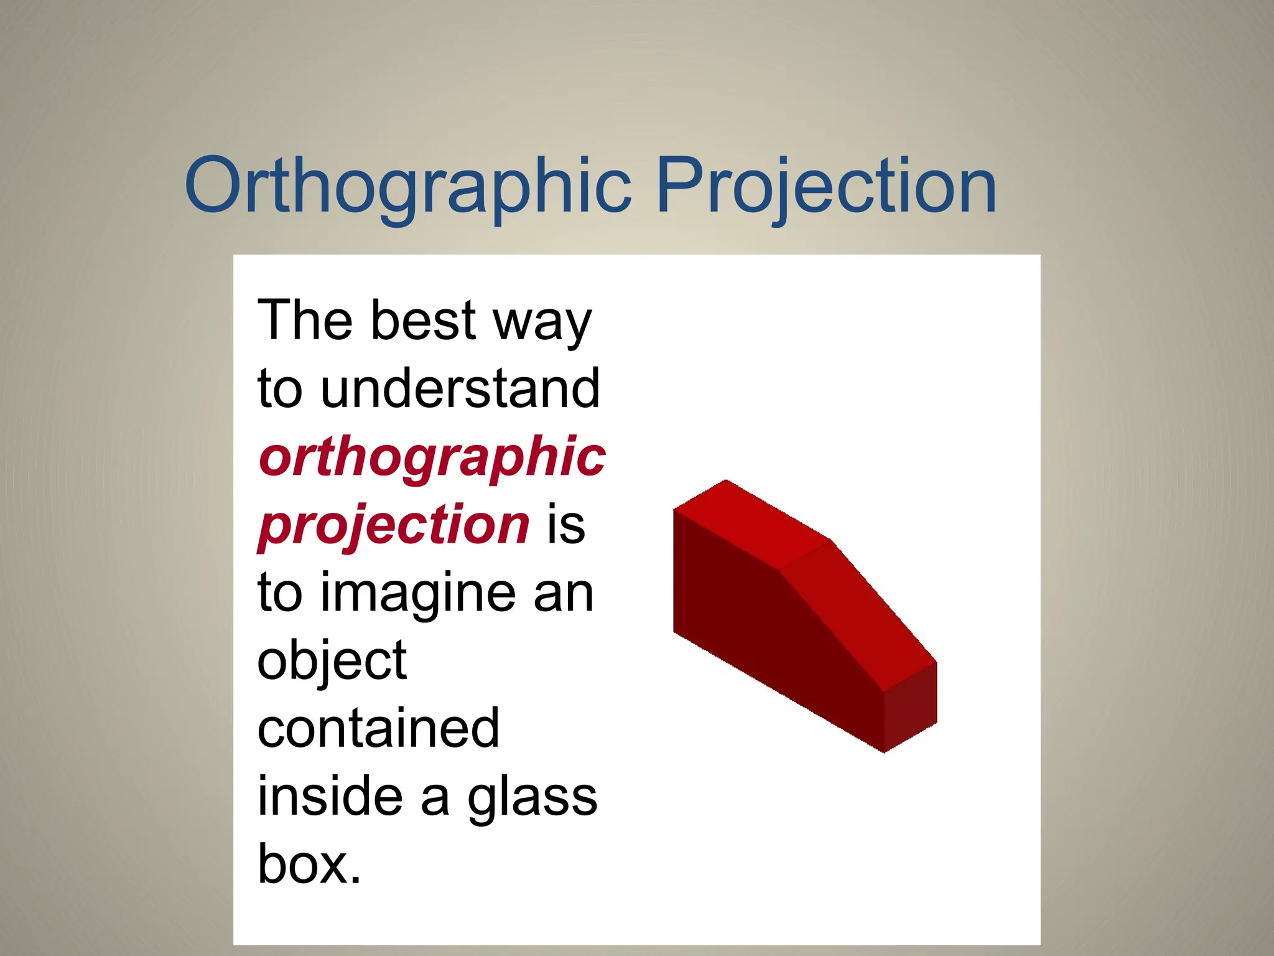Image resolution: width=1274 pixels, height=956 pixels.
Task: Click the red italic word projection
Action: click(393, 526)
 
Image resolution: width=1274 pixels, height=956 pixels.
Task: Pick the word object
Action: click(332, 661)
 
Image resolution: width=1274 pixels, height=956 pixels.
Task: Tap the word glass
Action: click(532, 799)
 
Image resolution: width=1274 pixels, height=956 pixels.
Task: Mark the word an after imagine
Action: click(563, 594)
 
